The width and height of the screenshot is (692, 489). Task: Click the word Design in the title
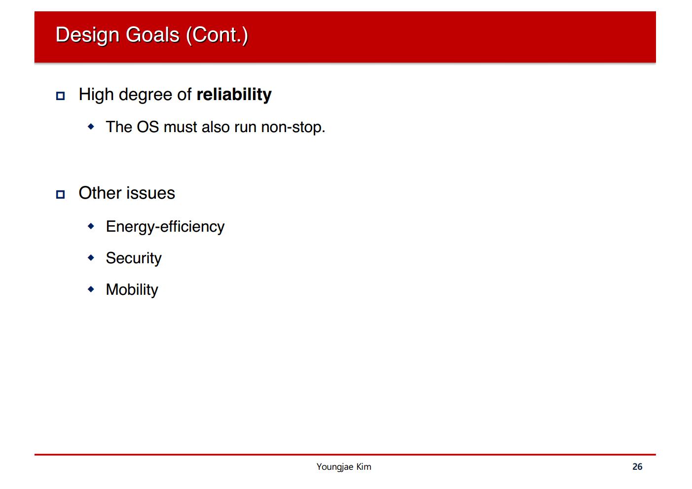coord(87,35)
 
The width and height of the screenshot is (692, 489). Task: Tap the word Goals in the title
coord(152,35)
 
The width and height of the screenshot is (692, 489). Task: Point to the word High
coord(96,95)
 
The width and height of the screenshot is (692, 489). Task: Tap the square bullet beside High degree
coord(60,96)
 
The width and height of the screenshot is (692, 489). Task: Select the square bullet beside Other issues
coord(60,195)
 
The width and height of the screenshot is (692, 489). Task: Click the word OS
coord(147,127)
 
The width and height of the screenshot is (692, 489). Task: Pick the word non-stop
coord(293,128)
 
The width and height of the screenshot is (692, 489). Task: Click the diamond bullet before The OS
coord(91,126)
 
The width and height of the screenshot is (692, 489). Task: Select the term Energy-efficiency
coord(165,227)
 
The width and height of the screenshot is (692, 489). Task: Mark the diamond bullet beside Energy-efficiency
coord(91,226)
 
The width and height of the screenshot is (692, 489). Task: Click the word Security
coord(134,258)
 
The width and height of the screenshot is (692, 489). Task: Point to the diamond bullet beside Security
coord(91,257)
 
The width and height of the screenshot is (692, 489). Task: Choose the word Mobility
coord(132,290)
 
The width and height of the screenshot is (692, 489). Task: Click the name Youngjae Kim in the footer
coord(344,467)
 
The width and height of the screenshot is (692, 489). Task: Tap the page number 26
coord(637,466)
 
